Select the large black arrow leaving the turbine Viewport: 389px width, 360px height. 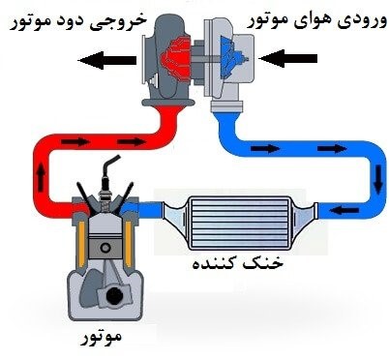[x=105, y=62]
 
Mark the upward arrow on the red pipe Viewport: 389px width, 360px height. [x=41, y=175]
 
